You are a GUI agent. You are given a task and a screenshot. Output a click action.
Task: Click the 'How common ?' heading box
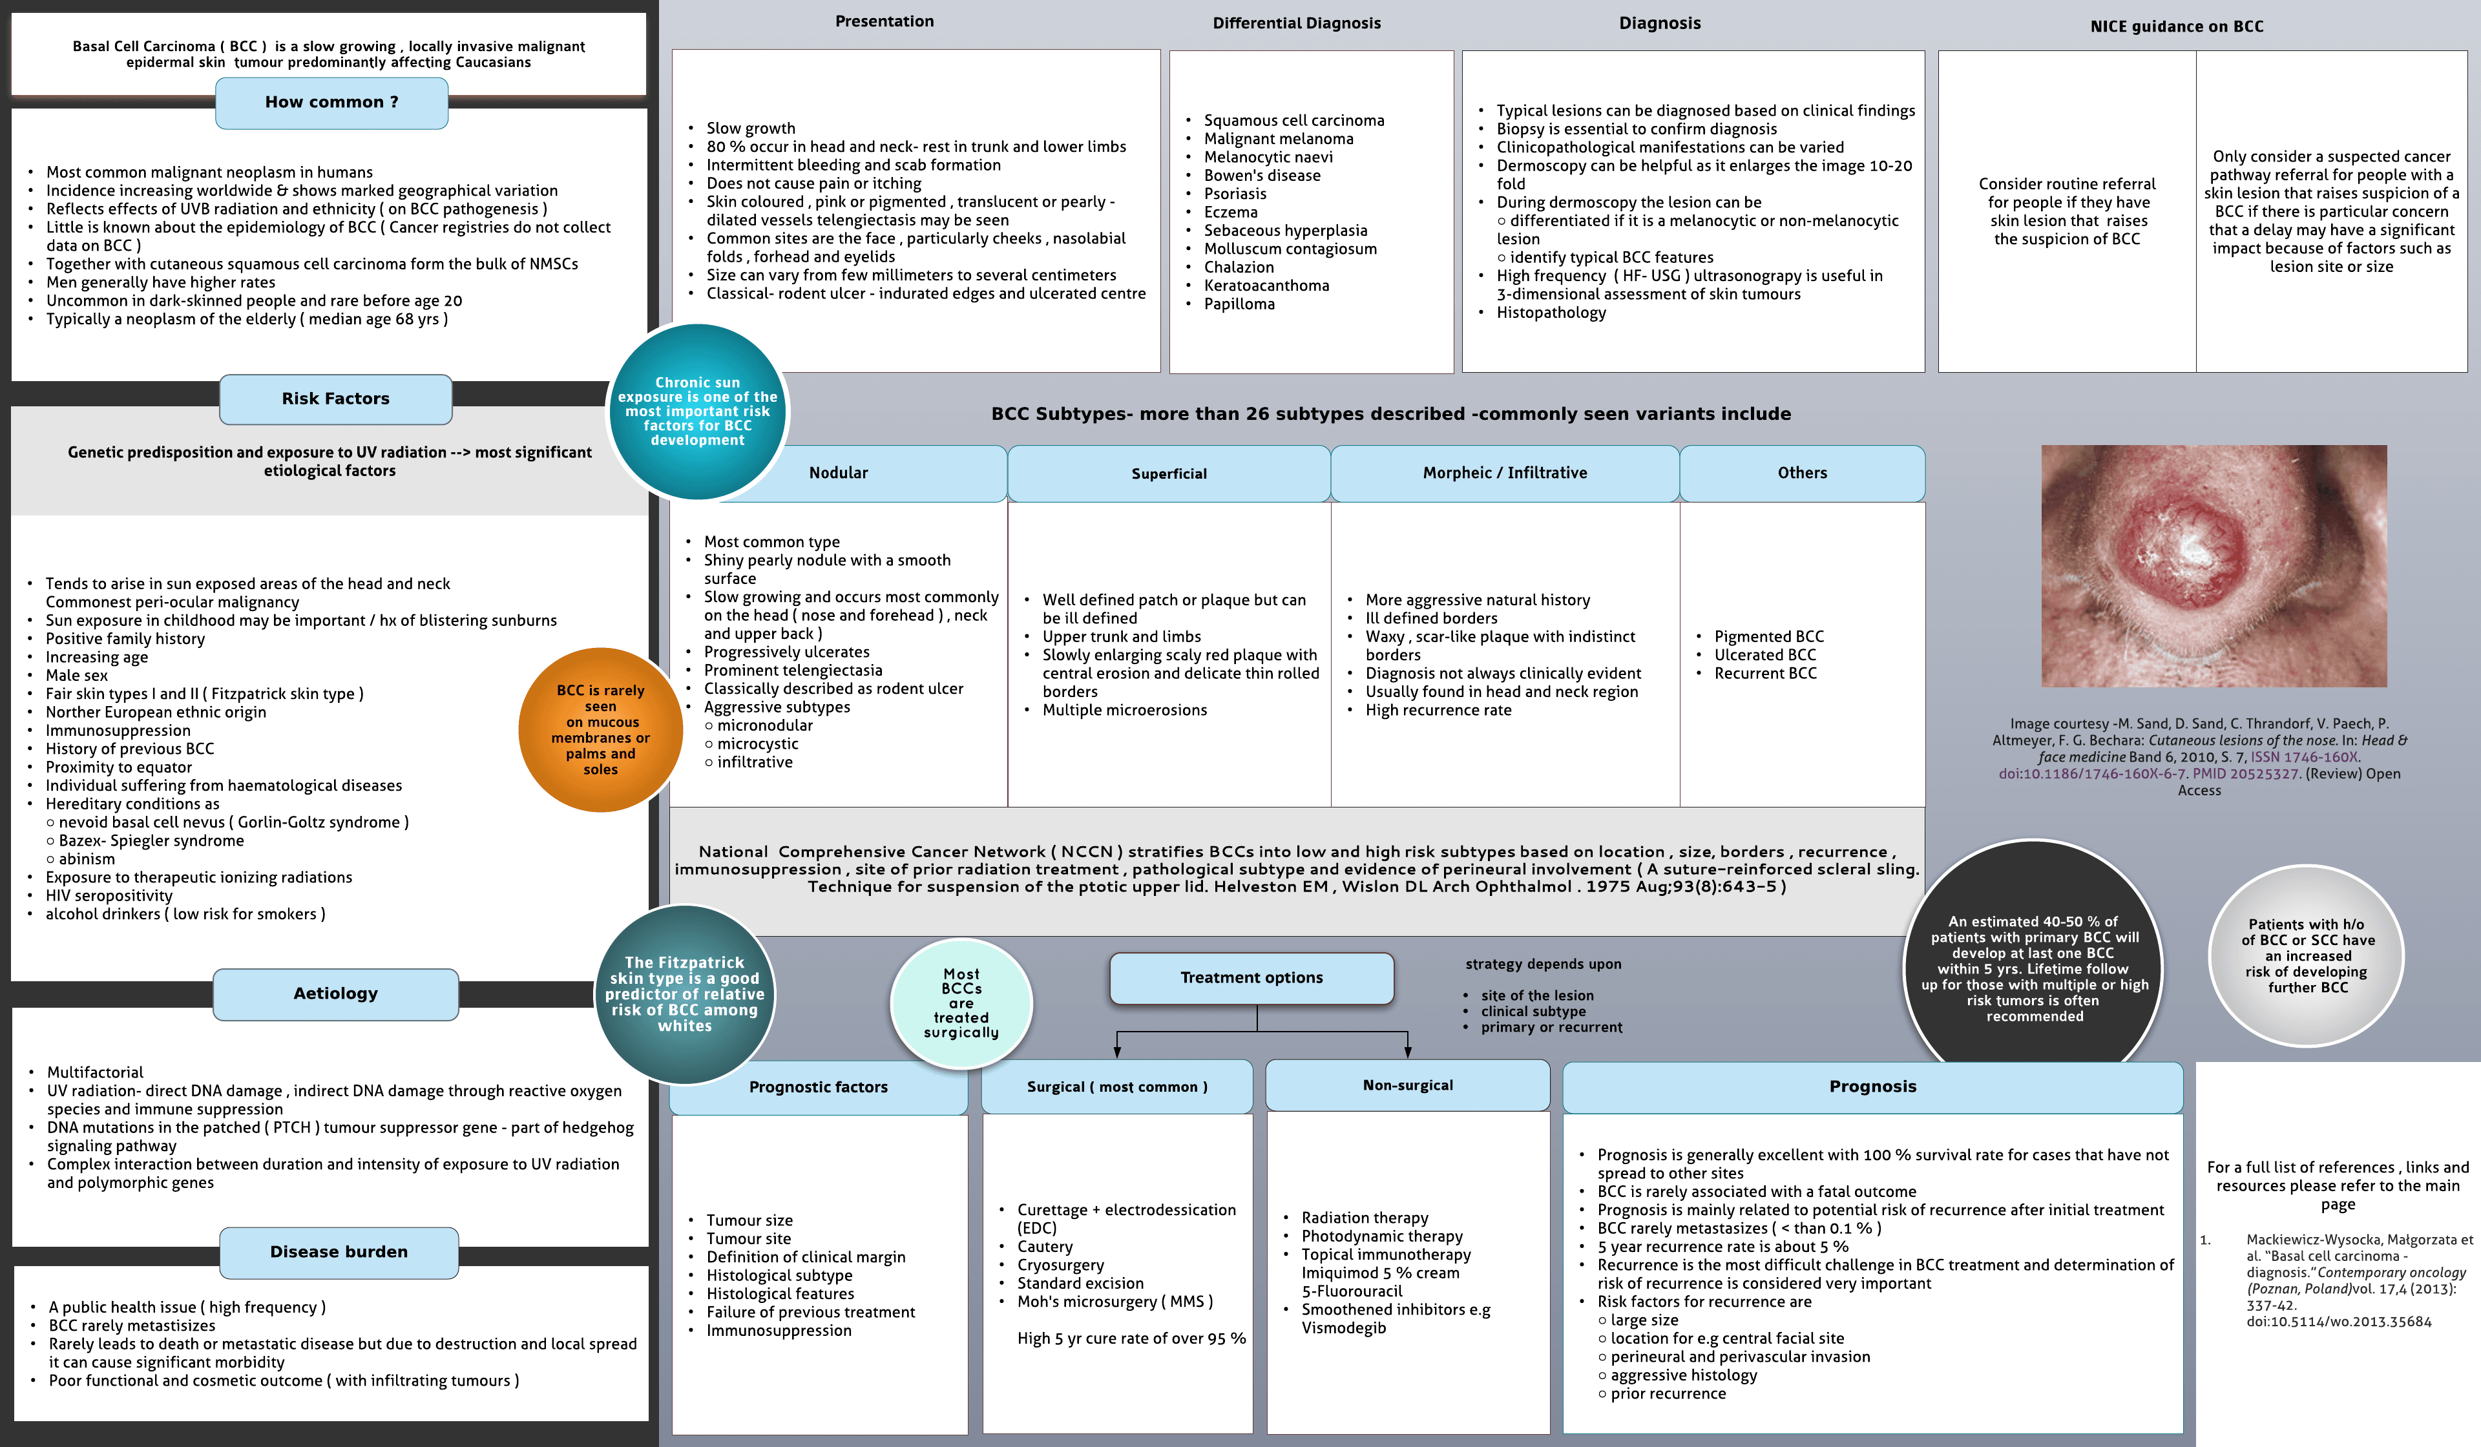point(332,102)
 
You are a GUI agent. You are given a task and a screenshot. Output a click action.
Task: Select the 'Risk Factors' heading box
point(336,399)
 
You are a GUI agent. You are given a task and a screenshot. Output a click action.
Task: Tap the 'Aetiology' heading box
point(336,994)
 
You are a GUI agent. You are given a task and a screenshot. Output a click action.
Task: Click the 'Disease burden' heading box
point(339,1252)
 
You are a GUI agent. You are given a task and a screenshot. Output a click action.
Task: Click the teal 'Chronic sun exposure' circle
point(697,411)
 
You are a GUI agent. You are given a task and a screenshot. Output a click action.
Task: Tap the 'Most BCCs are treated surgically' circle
point(961,1004)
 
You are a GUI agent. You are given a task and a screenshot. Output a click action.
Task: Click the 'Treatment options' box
point(1251,977)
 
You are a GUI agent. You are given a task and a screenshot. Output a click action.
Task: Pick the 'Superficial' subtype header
point(1169,474)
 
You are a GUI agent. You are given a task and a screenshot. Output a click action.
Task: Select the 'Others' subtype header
point(1802,474)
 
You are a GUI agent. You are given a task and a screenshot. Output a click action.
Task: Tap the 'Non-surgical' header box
point(1407,1086)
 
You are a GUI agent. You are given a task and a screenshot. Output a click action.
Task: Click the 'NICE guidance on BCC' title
point(2176,26)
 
